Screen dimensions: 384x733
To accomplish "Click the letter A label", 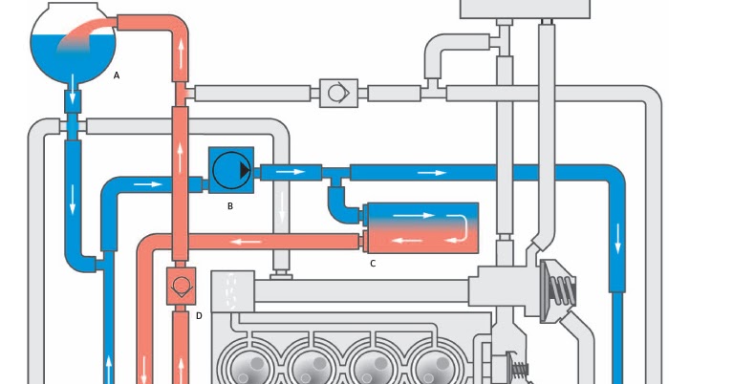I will [117, 75].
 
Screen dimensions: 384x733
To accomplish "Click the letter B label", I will [230, 204].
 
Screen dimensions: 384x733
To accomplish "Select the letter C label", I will [373, 263].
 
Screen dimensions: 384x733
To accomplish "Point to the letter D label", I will [199, 315].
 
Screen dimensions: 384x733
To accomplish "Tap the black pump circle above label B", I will [231, 170].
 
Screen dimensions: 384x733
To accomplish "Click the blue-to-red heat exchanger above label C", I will [421, 228].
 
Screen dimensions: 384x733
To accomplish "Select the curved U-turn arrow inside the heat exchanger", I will [460, 227].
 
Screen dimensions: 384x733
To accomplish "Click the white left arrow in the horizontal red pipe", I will [248, 242].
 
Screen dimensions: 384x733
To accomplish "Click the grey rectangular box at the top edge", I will [525, 8].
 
